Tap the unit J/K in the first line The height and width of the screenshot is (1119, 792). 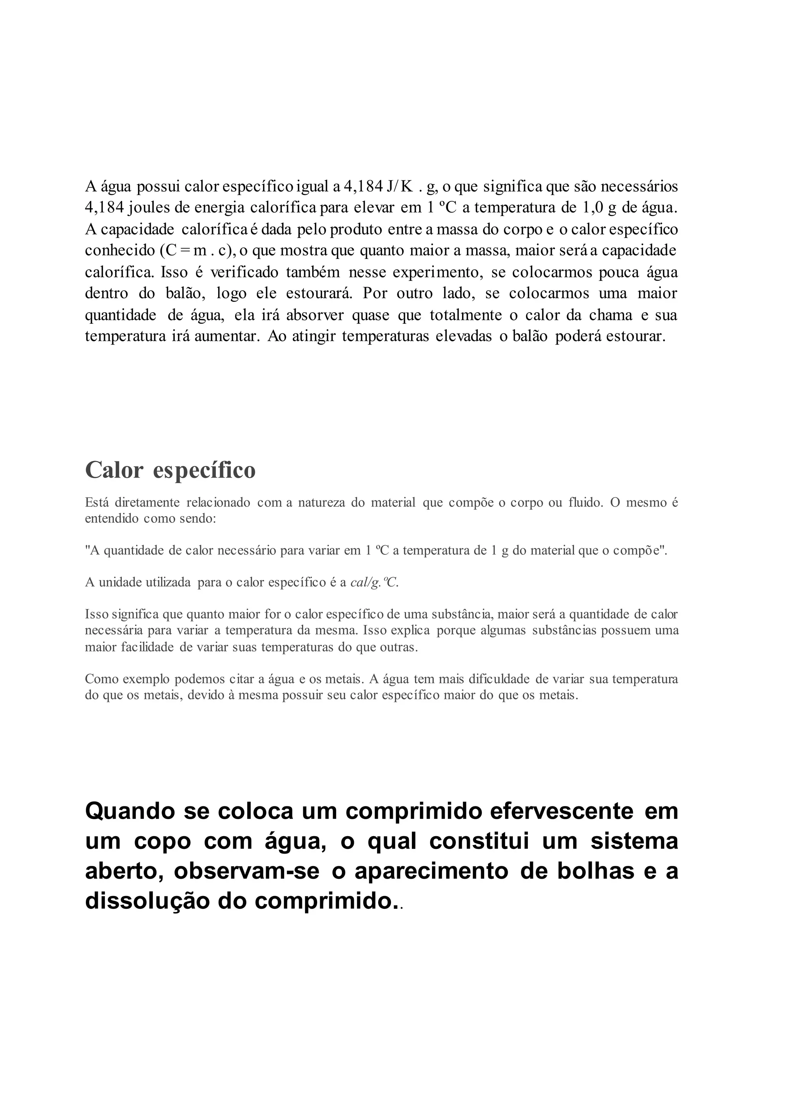pyautogui.click(x=399, y=187)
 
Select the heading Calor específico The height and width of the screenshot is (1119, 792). pyautogui.click(x=170, y=471)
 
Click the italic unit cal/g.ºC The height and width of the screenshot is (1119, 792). pyautogui.click(x=374, y=583)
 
